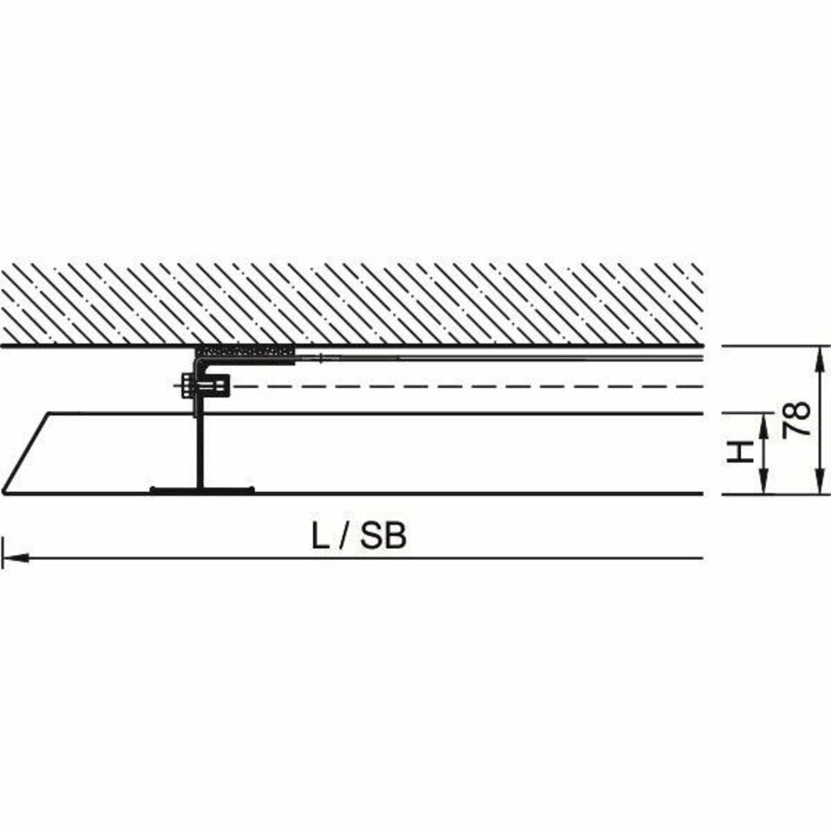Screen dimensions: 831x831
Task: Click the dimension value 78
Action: pos(797,419)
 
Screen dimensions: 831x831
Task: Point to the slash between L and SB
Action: pos(345,537)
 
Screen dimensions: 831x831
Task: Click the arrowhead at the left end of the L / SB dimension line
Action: pos(15,558)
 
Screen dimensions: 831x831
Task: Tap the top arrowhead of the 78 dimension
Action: pos(821,360)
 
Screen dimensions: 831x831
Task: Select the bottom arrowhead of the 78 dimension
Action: pos(821,480)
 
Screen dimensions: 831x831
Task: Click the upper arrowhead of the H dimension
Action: pos(763,427)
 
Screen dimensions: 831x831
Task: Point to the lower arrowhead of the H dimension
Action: pos(763,480)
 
